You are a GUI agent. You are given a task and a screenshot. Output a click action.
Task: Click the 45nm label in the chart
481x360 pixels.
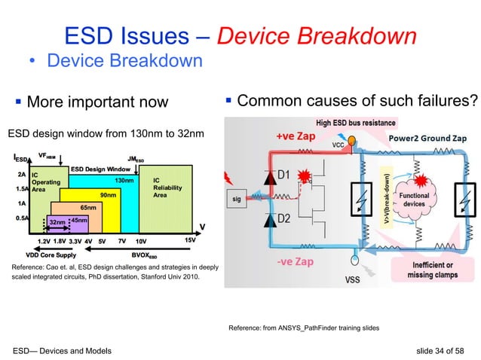pyautogui.click(x=78, y=219)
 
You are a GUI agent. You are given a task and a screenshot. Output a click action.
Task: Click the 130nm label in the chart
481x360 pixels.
pyautogui.click(x=124, y=181)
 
